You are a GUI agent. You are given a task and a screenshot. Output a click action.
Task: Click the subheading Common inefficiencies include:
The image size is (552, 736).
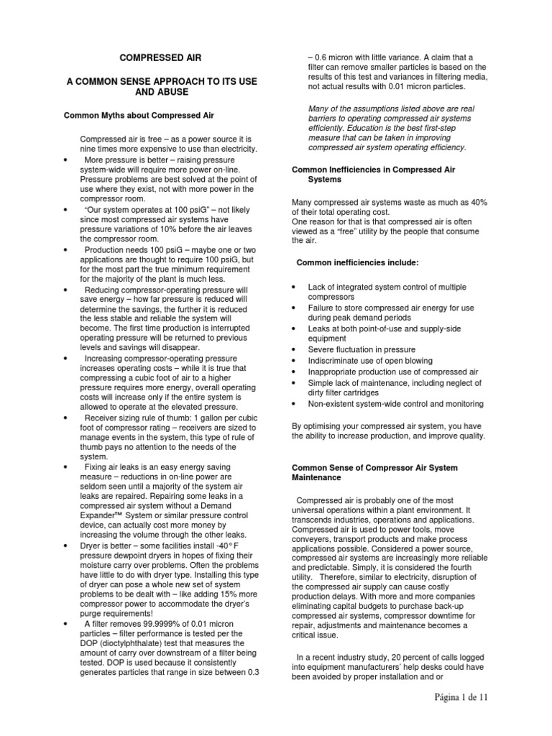click(353, 262)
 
